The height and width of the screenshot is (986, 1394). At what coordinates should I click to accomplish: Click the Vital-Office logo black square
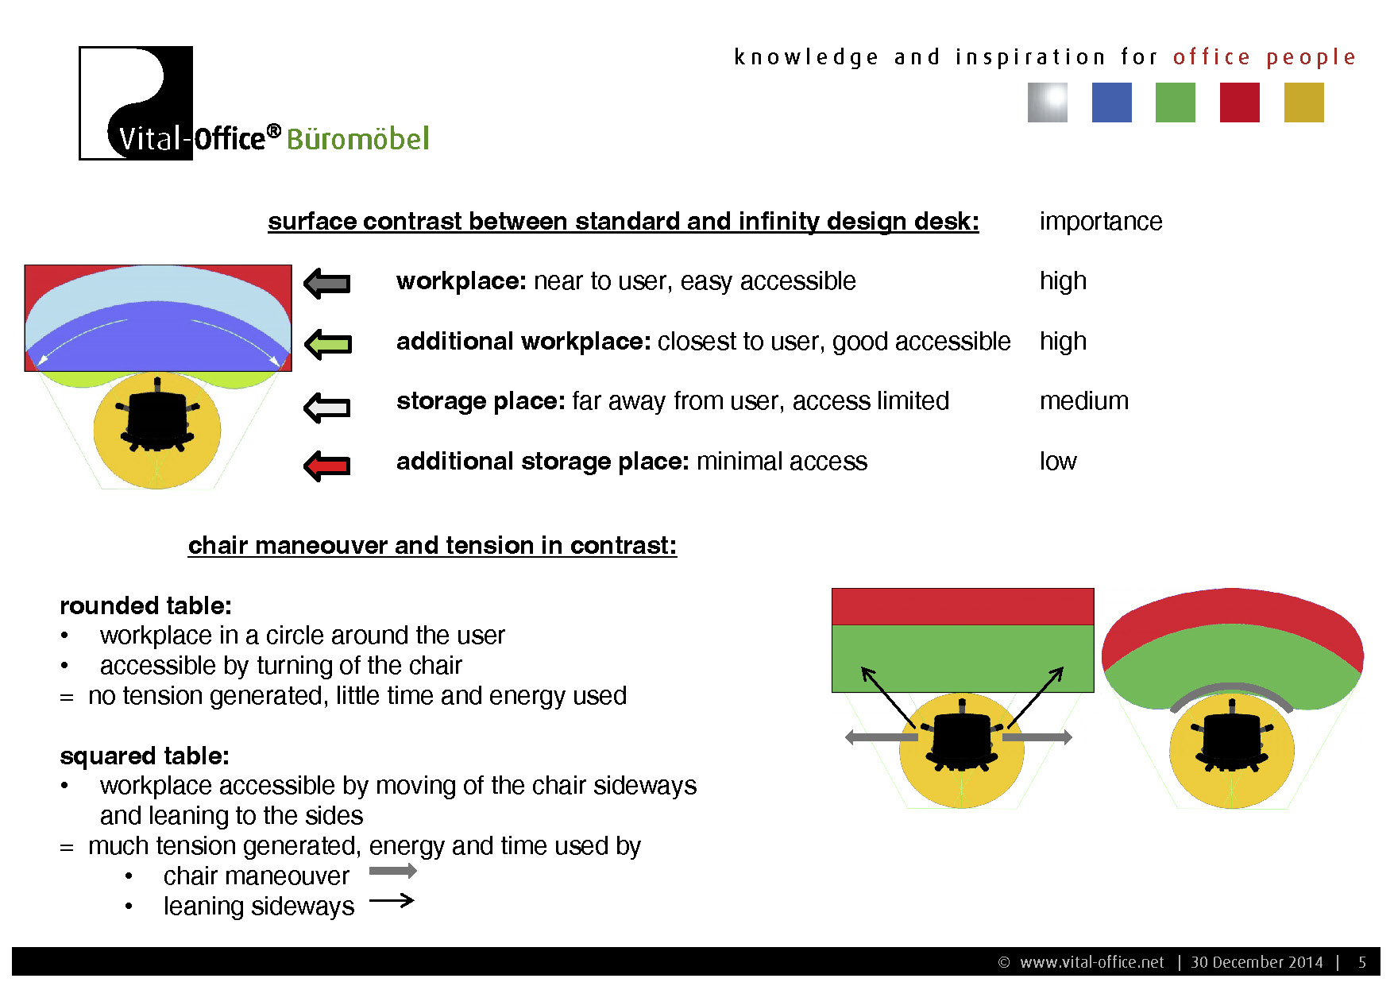point(136,102)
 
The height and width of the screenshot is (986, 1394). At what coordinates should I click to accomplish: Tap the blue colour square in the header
point(1111,102)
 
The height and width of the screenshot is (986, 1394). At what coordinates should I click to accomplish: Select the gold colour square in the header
point(1303,102)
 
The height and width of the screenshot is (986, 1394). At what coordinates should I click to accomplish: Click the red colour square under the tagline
point(1239,102)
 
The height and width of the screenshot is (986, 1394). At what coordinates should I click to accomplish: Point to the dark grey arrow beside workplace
point(327,283)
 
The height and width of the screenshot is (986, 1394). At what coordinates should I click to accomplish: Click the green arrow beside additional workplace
point(327,343)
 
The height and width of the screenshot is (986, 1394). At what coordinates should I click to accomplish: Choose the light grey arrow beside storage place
point(327,407)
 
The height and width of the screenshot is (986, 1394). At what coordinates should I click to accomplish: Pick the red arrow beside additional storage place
point(327,466)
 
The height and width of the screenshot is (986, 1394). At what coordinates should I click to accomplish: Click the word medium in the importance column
point(1083,400)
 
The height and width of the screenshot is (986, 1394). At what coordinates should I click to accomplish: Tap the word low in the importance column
point(1058,461)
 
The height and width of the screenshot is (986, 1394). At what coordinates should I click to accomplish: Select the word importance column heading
point(1100,221)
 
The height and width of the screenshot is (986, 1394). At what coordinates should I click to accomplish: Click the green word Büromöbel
point(357,139)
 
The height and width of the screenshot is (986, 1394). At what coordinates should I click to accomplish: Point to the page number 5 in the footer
point(1362,962)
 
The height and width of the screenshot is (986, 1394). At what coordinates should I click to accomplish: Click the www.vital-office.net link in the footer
point(1091,962)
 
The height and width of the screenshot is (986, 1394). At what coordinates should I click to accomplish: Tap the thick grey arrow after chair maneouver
point(393,871)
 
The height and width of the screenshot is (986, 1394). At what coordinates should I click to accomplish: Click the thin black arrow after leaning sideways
point(392,900)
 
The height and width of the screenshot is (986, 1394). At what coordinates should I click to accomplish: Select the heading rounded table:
point(145,605)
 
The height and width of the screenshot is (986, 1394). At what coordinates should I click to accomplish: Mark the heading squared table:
point(145,756)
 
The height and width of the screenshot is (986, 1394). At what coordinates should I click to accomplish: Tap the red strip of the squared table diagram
point(963,607)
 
